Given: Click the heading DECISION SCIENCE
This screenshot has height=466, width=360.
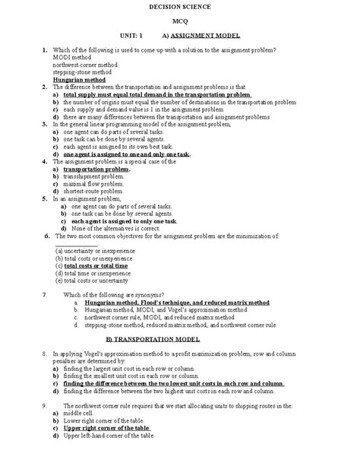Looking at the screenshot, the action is (179, 6).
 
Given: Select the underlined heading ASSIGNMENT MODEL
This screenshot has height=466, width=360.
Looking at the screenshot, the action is (206, 36).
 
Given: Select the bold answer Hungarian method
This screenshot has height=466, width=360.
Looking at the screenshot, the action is (79, 79).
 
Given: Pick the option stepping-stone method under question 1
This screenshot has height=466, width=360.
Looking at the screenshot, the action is (81, 71).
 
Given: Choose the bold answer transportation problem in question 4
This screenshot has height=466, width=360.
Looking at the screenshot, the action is (96, 169).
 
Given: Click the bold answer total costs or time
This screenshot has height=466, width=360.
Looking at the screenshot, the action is (96, 266).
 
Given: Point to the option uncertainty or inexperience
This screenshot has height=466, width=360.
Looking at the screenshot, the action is (92, 251).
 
